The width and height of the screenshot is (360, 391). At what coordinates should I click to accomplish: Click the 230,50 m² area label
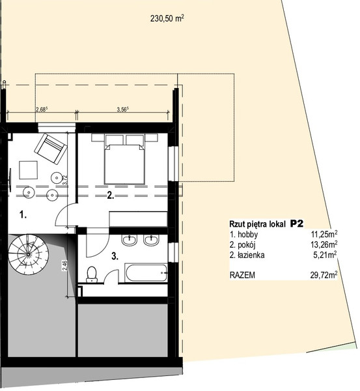(167, 18)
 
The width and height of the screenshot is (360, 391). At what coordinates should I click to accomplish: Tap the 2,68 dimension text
(42, 109)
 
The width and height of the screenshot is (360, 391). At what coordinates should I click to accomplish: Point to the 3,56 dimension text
(122, 109)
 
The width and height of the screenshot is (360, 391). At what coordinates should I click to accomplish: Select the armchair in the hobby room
(51, 149)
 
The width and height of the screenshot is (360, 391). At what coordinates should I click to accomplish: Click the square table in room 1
(29, 170)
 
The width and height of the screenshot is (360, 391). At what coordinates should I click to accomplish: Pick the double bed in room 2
(124, 159)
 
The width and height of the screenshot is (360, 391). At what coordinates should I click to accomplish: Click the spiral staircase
(28, 254)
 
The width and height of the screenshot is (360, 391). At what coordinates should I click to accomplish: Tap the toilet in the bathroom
(92, 274)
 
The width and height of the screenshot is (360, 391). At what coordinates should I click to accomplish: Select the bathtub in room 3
(146, 273)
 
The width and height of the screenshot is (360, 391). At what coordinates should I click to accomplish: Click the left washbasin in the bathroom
(130, 240)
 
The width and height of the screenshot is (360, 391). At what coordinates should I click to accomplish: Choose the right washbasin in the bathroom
(151, 240)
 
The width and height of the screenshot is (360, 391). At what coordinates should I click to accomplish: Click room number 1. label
(23, 214)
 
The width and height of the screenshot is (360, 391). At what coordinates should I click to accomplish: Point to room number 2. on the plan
(111, 195)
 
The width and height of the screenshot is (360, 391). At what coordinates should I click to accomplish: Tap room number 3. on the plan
(115, 256)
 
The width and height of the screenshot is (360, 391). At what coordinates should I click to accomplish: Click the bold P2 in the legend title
(297, 224)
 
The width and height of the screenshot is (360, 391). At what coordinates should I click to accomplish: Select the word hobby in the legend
(248, 235)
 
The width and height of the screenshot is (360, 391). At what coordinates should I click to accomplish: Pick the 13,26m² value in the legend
(324, 244)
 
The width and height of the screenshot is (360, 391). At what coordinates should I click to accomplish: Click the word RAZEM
(242, 275)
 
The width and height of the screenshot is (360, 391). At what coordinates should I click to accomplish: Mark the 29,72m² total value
(324, 275)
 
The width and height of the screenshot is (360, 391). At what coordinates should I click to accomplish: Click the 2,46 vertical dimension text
(64, 266)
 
